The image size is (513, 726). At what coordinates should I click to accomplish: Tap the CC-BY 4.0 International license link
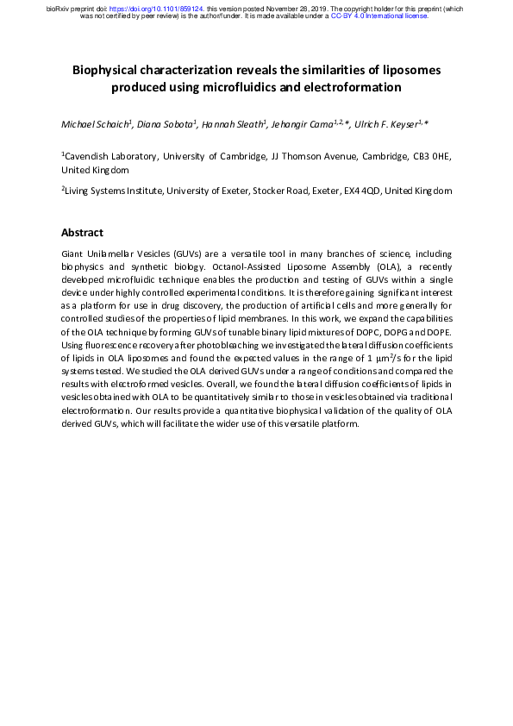click(x=379, y=16)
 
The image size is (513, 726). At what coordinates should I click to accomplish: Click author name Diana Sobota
click(x=165, y=125)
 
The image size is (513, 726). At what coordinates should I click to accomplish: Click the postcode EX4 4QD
click(x=355, y=190)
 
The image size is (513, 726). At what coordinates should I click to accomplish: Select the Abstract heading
click(x=82, y=233)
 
